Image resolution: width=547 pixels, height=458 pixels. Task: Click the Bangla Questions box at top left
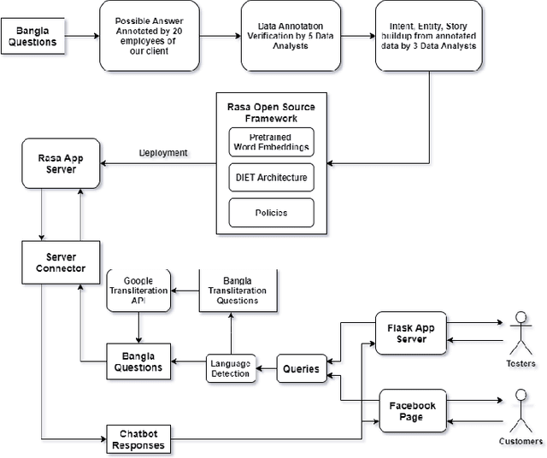tap(33, 37)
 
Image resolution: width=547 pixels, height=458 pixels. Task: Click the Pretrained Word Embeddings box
tap(271, 141)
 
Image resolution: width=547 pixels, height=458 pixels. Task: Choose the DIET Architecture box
tap(271, 178)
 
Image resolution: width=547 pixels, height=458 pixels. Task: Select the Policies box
tap(271, 212)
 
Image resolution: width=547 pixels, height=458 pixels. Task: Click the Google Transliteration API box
tap(138, 291)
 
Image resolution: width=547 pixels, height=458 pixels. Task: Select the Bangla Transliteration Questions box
tap(238, 291)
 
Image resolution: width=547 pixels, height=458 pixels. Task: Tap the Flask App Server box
tap(411, 333)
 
